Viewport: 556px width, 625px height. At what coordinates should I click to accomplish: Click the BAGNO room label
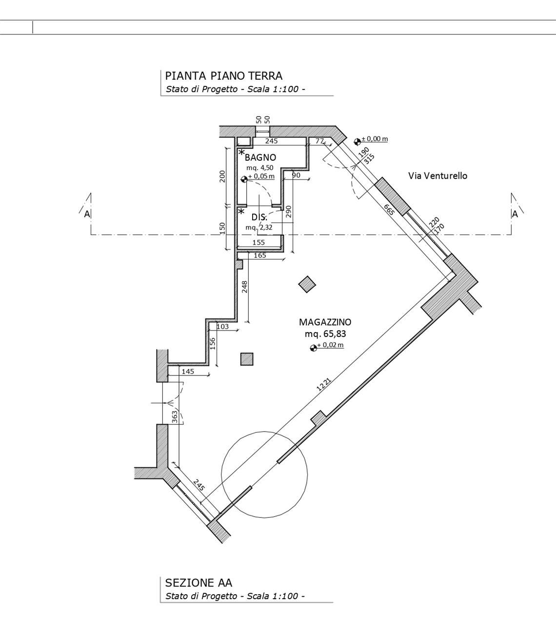[x=260, y=158]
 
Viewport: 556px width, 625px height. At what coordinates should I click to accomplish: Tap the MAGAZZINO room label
[x=325, y=322]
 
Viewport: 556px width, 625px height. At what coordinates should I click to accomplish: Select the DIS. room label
[x=259, y=217]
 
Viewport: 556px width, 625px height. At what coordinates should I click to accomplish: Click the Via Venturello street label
[x=437, y=176]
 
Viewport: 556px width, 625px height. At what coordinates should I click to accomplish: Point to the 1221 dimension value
[x=324, y=385]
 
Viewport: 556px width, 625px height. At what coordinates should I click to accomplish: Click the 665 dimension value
[x=389, y=210]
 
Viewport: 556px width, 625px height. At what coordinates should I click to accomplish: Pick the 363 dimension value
[x=175, y=417]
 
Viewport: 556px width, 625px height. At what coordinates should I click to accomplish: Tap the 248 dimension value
[x=244, y=287]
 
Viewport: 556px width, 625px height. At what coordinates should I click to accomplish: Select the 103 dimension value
[x=222, y=326]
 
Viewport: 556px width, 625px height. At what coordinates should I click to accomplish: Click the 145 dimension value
[x=188, y=372]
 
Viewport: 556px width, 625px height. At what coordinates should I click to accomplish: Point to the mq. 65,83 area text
[x=325, y=334]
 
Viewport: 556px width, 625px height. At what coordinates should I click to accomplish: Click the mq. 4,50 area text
[x=260, y=168]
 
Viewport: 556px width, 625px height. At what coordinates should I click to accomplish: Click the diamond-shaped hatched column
[x=307, y=284]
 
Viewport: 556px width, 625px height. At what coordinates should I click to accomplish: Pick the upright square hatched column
[x=247, y=359]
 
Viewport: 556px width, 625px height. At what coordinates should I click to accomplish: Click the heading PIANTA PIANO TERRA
[x=224, y=76]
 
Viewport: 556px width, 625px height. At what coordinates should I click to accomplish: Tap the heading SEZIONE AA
[x=199, y=583]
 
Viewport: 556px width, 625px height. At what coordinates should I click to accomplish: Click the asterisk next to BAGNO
[x=241, y=152]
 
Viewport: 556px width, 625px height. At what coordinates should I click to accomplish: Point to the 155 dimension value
[x=258, y=243]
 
